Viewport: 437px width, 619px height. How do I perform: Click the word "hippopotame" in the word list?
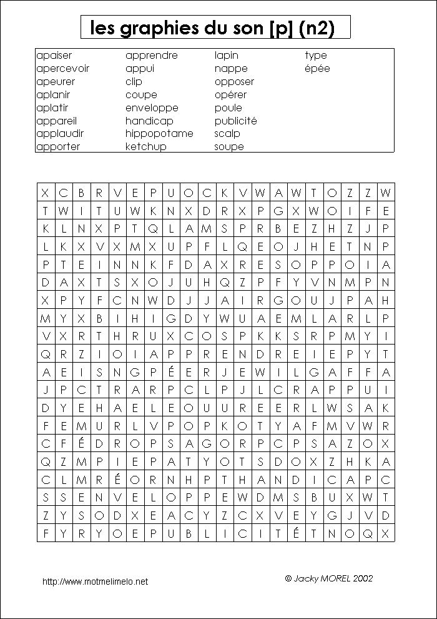pyautogui.click(x=159, y=134)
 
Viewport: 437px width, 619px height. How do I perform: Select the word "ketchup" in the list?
pyautogui.click(x=145, y=147)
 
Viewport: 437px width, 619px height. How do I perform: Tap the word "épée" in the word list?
pyautogui.click(x=317, y=69)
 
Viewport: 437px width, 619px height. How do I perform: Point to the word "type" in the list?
pyautogui.click(x=316, y=56)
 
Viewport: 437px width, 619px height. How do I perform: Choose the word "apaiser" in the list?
pyautogui.click(x=54, y=56)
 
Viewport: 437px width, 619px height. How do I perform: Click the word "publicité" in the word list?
pyautogui.click(x=235, y=121)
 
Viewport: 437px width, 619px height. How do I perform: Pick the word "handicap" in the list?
pyautogui.click(x=149, y=121)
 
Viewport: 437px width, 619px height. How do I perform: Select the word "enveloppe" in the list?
pyautogui.click(x=152, y=108)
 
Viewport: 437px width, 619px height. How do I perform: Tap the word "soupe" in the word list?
pyautogui.click(x=229, y=147)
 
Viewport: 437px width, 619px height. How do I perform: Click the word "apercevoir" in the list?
pyautogui.click(x=63, y=69)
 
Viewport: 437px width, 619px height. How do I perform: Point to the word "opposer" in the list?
pyautogui.click(x=234, y=82)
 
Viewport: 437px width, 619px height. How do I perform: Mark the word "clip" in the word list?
pyautogui.click(x=134, y=82)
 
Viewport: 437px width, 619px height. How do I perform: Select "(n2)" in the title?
pyautogui.click(x=317, y=29)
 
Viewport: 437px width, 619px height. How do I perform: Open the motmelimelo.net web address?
pyautogui.click(x=95, y=581)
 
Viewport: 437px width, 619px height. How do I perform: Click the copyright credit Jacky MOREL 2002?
pyautogui.click(x=328, y=578)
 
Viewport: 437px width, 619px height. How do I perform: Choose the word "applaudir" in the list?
pyautogui.click(x=60, y=134)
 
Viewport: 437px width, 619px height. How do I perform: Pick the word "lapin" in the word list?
pyautogui.click(x=227, y=56)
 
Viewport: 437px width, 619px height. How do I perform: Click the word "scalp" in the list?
pyautogui.click(x=227, y=134)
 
